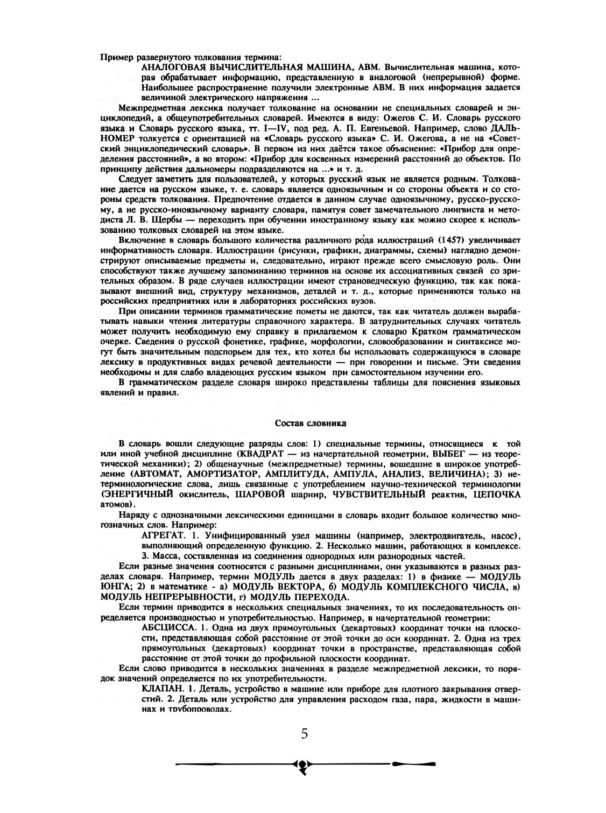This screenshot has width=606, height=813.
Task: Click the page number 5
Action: point(305,733)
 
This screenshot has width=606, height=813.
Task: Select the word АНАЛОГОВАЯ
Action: point(171,68)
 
